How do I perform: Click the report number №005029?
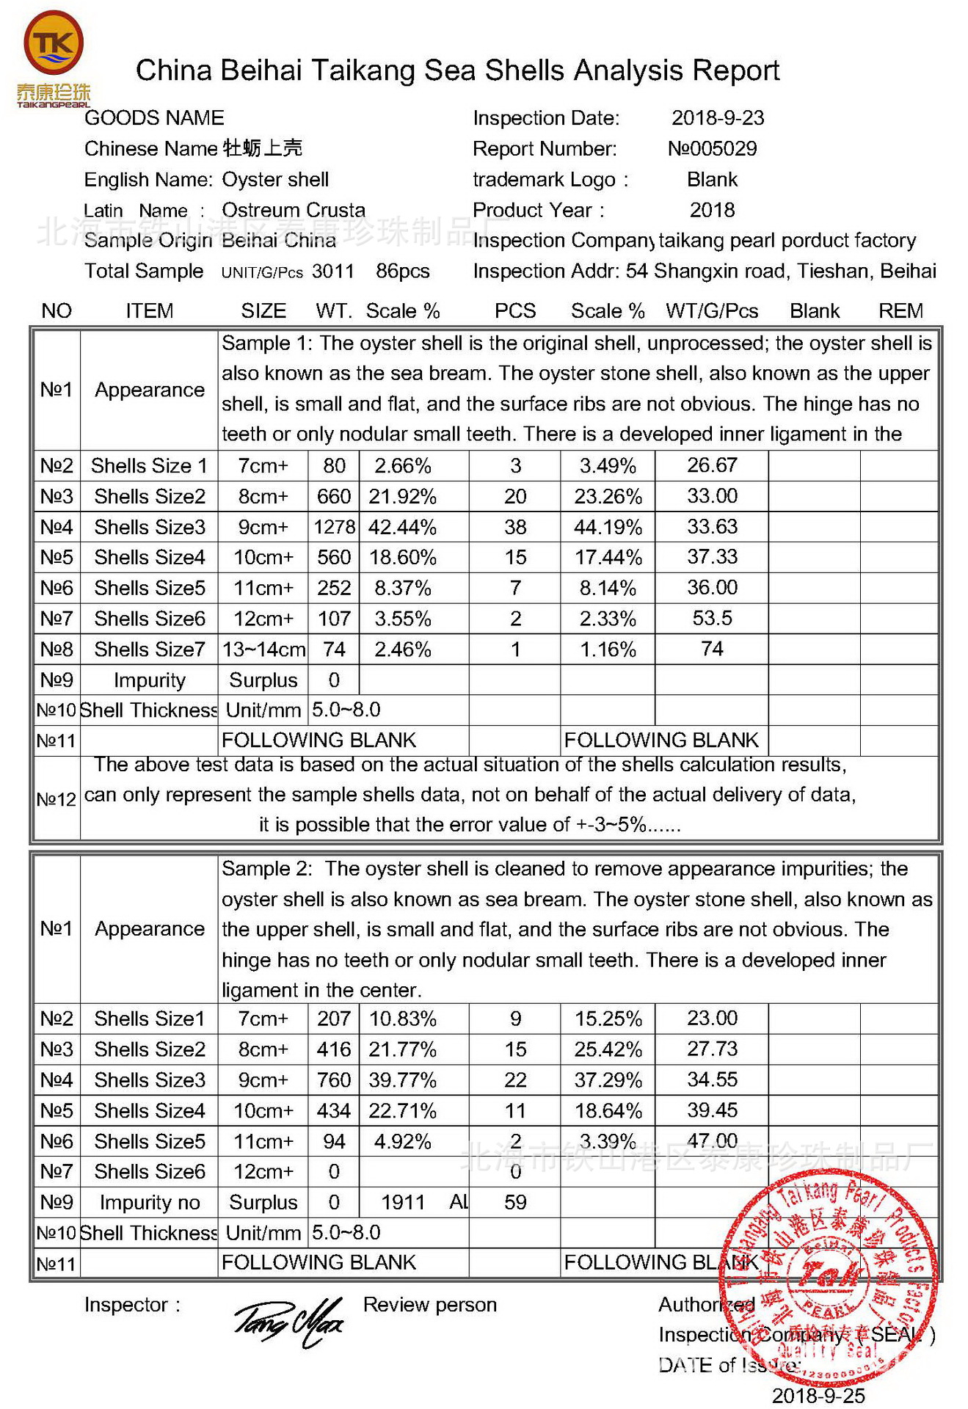click(712, 149)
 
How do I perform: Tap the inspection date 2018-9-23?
click(718, 118)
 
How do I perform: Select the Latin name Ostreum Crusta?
click(294, 211)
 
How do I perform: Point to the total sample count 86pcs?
click(402, 272)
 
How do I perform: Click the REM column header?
click(900, 311)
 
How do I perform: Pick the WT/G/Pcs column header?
click(712, 311)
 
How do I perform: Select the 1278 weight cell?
click(335, 527)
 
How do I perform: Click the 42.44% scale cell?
click(403, 527)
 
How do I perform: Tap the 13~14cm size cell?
click(263, 649)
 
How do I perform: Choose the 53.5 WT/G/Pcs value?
click(712, 618)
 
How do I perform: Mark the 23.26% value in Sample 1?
click(608, 497)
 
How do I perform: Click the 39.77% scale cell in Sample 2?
click(403, 1080)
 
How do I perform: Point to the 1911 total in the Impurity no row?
click(403, 1203)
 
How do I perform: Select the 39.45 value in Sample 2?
click(712, 1110)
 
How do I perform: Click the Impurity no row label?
click(150, 1203)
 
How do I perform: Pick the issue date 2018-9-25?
click(818, 1396)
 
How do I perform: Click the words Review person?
click(430, 1305)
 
